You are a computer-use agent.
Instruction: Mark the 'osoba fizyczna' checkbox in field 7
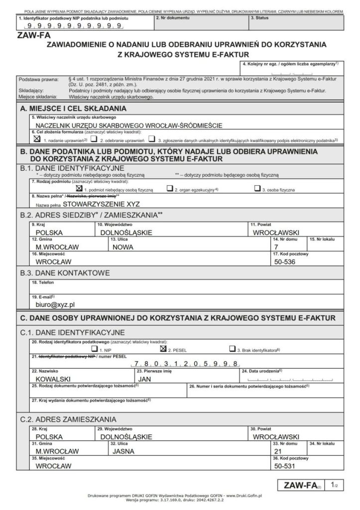pyautogui.click(x=256, y=189)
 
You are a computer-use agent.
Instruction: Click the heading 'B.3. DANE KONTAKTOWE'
pyautogui.click(x=65, y=273)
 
